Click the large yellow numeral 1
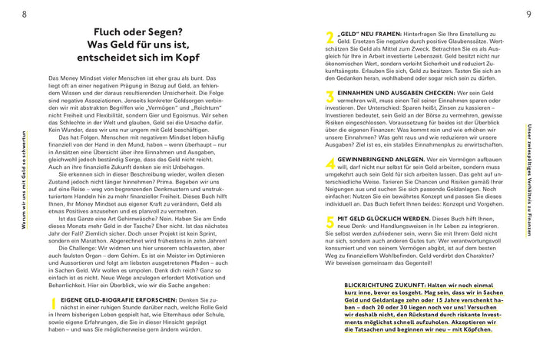[x=53, y=306]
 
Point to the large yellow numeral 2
[x=329, y=38]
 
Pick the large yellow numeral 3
[x=329, y=97]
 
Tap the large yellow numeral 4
[x=329, y=163]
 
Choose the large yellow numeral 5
[x=329, y=223]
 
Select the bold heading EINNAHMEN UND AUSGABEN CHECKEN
[x=388, y=92]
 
